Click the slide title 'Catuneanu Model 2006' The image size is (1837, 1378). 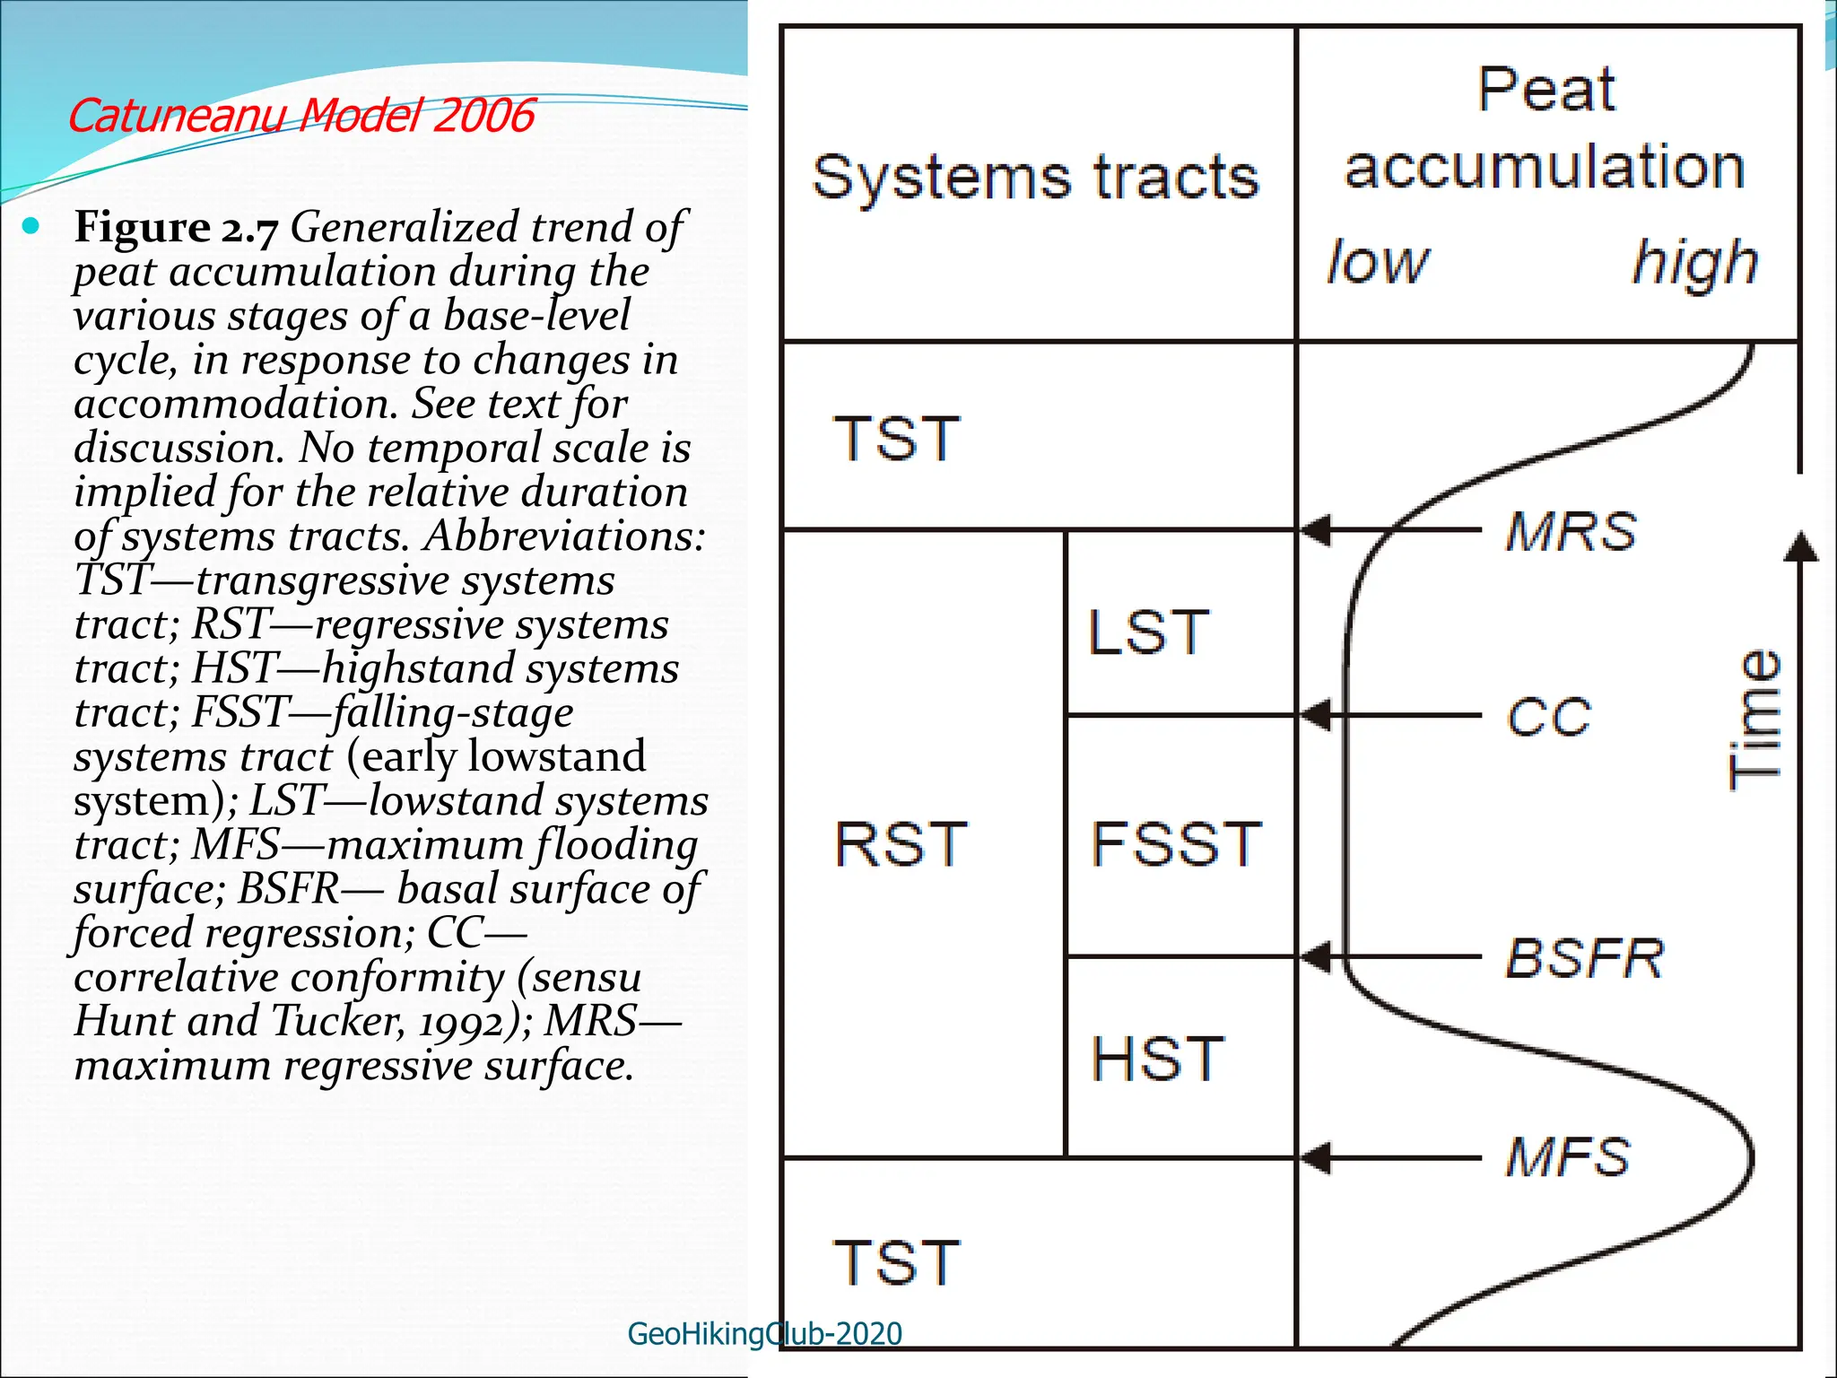coord(300,117)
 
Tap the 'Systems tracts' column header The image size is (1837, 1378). coord(1035,178)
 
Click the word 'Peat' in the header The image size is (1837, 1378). coord(1545,90)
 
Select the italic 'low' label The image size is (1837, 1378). coord(1378,263)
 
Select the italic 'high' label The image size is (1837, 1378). coord(1693,263)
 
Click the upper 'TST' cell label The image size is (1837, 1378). coord(896,440)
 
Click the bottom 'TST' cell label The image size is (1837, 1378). coord(896,1263)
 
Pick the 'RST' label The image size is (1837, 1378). coord(901,844)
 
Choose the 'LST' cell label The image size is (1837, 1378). coord(1149,632)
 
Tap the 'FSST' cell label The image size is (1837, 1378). coord(1176,844)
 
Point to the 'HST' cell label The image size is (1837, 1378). coord(1157,1059)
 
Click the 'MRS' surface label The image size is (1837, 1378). coord(1571,531)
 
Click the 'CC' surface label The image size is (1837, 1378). coord(1549,717)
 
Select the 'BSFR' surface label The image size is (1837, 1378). coord(1584,958)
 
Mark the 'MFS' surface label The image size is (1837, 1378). coord(1568,1157)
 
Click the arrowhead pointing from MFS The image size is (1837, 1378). coord(1317,1158)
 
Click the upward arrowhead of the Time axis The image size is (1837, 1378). coord(1799,546)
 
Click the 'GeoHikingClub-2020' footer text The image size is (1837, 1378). coord(764,1334)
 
